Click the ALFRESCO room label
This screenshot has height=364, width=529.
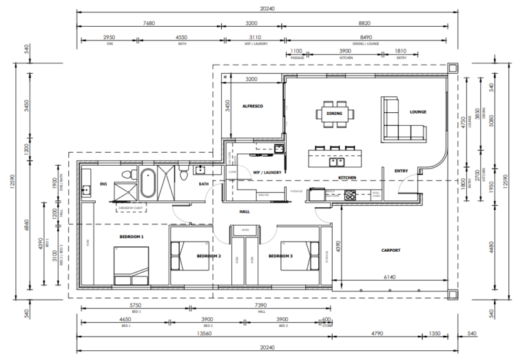pos(253,106)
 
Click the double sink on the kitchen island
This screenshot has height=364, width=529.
pos(337,163)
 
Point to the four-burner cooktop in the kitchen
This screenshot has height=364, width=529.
pos(350,195)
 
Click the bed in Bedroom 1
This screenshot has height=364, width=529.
pos(131,265)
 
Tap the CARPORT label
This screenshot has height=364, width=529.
pos(391,250)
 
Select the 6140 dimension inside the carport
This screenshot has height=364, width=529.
pos(389,276)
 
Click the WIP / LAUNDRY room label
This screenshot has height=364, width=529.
pos(265,173)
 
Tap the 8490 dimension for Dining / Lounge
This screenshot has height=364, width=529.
pos(366,38)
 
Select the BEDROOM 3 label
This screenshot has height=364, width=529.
pos(280,256)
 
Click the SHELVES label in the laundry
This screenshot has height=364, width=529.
pos(263,195)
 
